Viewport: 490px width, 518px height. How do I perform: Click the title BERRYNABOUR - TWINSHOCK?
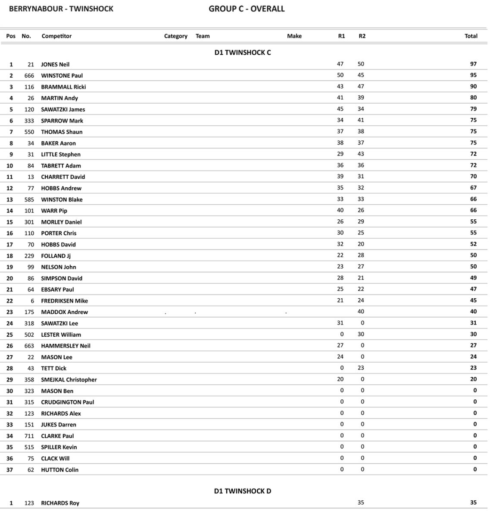(x=61, y=9)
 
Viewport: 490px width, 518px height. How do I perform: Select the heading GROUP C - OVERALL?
(x=247, y=9)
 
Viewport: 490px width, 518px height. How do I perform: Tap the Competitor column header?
(x=56, y=36)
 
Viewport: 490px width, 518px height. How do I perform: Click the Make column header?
(x=294, y=36)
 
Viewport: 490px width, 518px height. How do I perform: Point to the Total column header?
(x=471, y=36)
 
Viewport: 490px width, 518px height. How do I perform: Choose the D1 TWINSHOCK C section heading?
(x=243, y=53)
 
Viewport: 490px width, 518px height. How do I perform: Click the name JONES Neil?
(x=55, y=64)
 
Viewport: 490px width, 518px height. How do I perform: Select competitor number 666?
(x=29, y=76)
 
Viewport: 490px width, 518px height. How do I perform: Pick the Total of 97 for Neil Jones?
(x=473, y=64)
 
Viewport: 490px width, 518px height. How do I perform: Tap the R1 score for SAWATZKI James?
(x=340, y=109)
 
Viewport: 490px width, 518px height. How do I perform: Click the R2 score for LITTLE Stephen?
(x=361, y=154)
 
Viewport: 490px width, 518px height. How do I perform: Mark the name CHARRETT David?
(x=63, y=177)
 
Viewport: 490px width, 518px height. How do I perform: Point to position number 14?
(x=9, y=211)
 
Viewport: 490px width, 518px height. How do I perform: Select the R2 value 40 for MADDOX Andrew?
(x=361, y=311)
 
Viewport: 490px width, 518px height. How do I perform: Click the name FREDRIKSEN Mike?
(x=64, y=300)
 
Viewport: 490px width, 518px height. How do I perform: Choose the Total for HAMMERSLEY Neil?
(x=473, y=345)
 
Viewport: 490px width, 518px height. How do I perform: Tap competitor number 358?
(x=29, y=379)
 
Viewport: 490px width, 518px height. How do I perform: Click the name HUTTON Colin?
(x=59, y=470)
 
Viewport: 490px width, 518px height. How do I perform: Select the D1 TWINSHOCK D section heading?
(x=243, y=491)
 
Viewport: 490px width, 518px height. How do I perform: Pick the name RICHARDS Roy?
(x=60, y=503)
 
